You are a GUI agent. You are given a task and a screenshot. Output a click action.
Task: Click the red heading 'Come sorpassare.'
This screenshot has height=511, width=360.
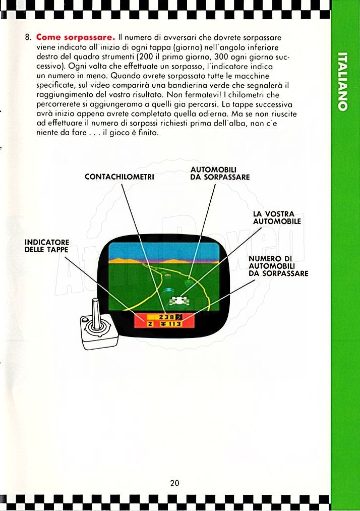point(76,37)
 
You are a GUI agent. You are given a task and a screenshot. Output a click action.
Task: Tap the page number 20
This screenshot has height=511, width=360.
point(174,483)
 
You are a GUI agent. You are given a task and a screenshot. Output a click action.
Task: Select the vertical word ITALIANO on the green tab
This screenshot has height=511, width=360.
point(342,82)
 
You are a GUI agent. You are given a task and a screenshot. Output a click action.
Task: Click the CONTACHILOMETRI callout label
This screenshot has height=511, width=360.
point(119,177)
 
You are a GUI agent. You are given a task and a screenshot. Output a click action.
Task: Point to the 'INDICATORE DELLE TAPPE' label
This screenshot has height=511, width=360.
point(47,246)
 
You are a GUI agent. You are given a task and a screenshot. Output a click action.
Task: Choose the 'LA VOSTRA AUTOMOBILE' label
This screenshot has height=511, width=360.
point(277,218)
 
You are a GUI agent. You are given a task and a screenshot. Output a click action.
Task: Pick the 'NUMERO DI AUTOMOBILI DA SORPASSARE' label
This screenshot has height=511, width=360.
point(278,266)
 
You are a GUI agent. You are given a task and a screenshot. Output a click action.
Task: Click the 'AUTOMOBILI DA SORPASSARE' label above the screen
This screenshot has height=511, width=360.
point(220,174)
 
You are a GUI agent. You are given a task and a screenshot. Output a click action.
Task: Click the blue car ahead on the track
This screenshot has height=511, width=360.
point(168,290)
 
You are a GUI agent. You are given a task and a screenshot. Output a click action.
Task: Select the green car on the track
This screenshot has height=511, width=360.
point(188,280)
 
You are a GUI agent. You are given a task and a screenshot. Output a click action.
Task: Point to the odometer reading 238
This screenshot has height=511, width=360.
point(166,317)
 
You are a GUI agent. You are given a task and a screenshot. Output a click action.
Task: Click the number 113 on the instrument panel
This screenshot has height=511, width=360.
point(174,324)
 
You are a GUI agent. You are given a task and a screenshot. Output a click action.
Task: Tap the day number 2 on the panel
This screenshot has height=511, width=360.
point(150,324)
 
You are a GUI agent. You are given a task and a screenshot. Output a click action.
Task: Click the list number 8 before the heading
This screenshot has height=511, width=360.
point(28,37)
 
